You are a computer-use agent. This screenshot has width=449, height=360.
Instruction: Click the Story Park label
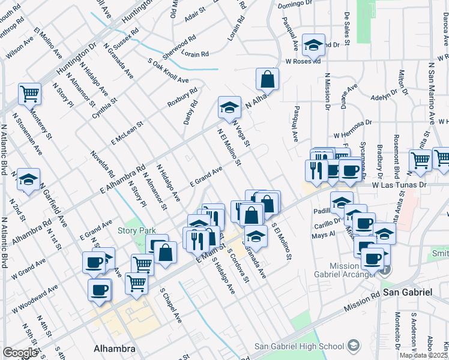136,230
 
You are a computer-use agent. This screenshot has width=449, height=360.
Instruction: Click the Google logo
20,353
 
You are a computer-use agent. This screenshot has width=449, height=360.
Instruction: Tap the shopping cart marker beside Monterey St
29,94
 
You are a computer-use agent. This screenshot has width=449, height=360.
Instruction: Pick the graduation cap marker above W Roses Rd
313,44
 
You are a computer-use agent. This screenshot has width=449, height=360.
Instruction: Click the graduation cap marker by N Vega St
228,107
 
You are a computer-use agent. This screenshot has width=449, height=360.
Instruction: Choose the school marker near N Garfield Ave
28,179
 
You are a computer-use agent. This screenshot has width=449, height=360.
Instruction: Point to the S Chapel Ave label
170,305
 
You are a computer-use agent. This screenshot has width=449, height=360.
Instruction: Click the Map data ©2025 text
424,355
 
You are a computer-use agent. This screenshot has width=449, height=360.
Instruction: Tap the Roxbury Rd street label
182,98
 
